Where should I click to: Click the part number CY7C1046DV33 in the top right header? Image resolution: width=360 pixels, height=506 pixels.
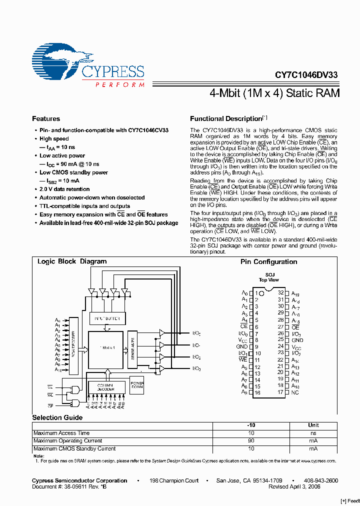[x=306, y=75]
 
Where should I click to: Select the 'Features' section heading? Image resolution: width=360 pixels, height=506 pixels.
[x=46, y=119]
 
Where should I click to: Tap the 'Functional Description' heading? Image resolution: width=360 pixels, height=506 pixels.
[x=225, y=119]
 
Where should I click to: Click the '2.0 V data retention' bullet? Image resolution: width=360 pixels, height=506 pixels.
[x=64, y=189]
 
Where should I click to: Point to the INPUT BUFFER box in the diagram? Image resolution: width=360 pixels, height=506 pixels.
[x=107, y=318]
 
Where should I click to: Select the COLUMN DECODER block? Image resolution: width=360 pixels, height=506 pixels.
[x=106, y=387]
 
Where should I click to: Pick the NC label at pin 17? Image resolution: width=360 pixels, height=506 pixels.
[x=295, y=392]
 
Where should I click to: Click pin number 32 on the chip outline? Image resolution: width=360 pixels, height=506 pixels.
[x=281, y=292]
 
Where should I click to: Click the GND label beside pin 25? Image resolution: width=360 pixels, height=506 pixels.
[x=297, y=340]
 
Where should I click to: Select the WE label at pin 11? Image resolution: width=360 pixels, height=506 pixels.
[x=243, y=359]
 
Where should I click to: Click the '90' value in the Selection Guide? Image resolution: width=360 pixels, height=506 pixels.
[x=251, y=441]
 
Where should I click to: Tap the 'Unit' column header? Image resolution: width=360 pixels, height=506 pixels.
[x=313, y=425]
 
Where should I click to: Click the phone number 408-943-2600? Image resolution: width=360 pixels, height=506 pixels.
[x=320, y=480]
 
